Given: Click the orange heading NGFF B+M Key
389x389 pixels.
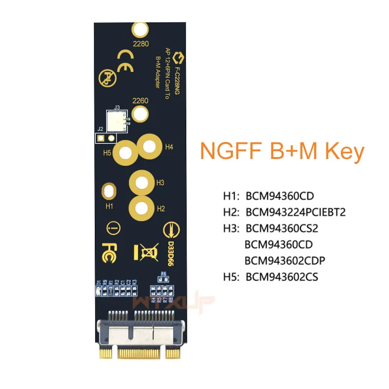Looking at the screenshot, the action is coord(282,152).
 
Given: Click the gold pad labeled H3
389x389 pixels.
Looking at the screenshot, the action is coord(141,183).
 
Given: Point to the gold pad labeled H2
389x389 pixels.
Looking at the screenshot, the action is coord(141,209).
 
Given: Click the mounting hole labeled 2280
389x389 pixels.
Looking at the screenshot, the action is coord(140,30).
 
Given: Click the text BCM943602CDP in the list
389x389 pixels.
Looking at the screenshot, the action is coord(285,261).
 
